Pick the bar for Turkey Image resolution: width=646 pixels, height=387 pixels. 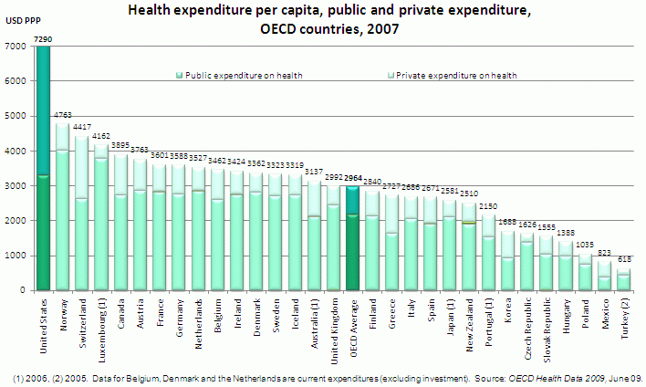pyautogui.click(x=623, y=279)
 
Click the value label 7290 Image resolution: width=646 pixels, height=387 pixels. pyautogui.click(x=42, y=39)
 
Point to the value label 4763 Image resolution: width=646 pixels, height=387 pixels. pyautogui.click(x=63, y=115)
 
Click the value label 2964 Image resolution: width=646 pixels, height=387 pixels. pyautogui.click(x=356, y=179)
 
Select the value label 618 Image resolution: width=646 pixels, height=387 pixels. pyautogui.click(x=624, y=261)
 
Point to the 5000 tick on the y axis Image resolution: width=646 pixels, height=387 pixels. pyautogui.click(x=15, y=116)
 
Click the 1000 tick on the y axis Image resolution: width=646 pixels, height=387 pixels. pyautogui.click(x=15, y=256)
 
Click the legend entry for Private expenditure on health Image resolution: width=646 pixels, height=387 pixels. pyautogui.click(x=453, y=76)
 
